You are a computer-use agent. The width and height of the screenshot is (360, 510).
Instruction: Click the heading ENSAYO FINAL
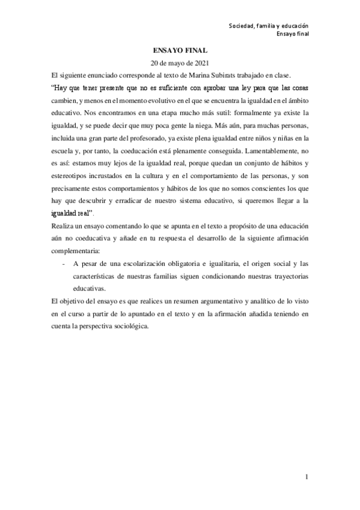[179, 53]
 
